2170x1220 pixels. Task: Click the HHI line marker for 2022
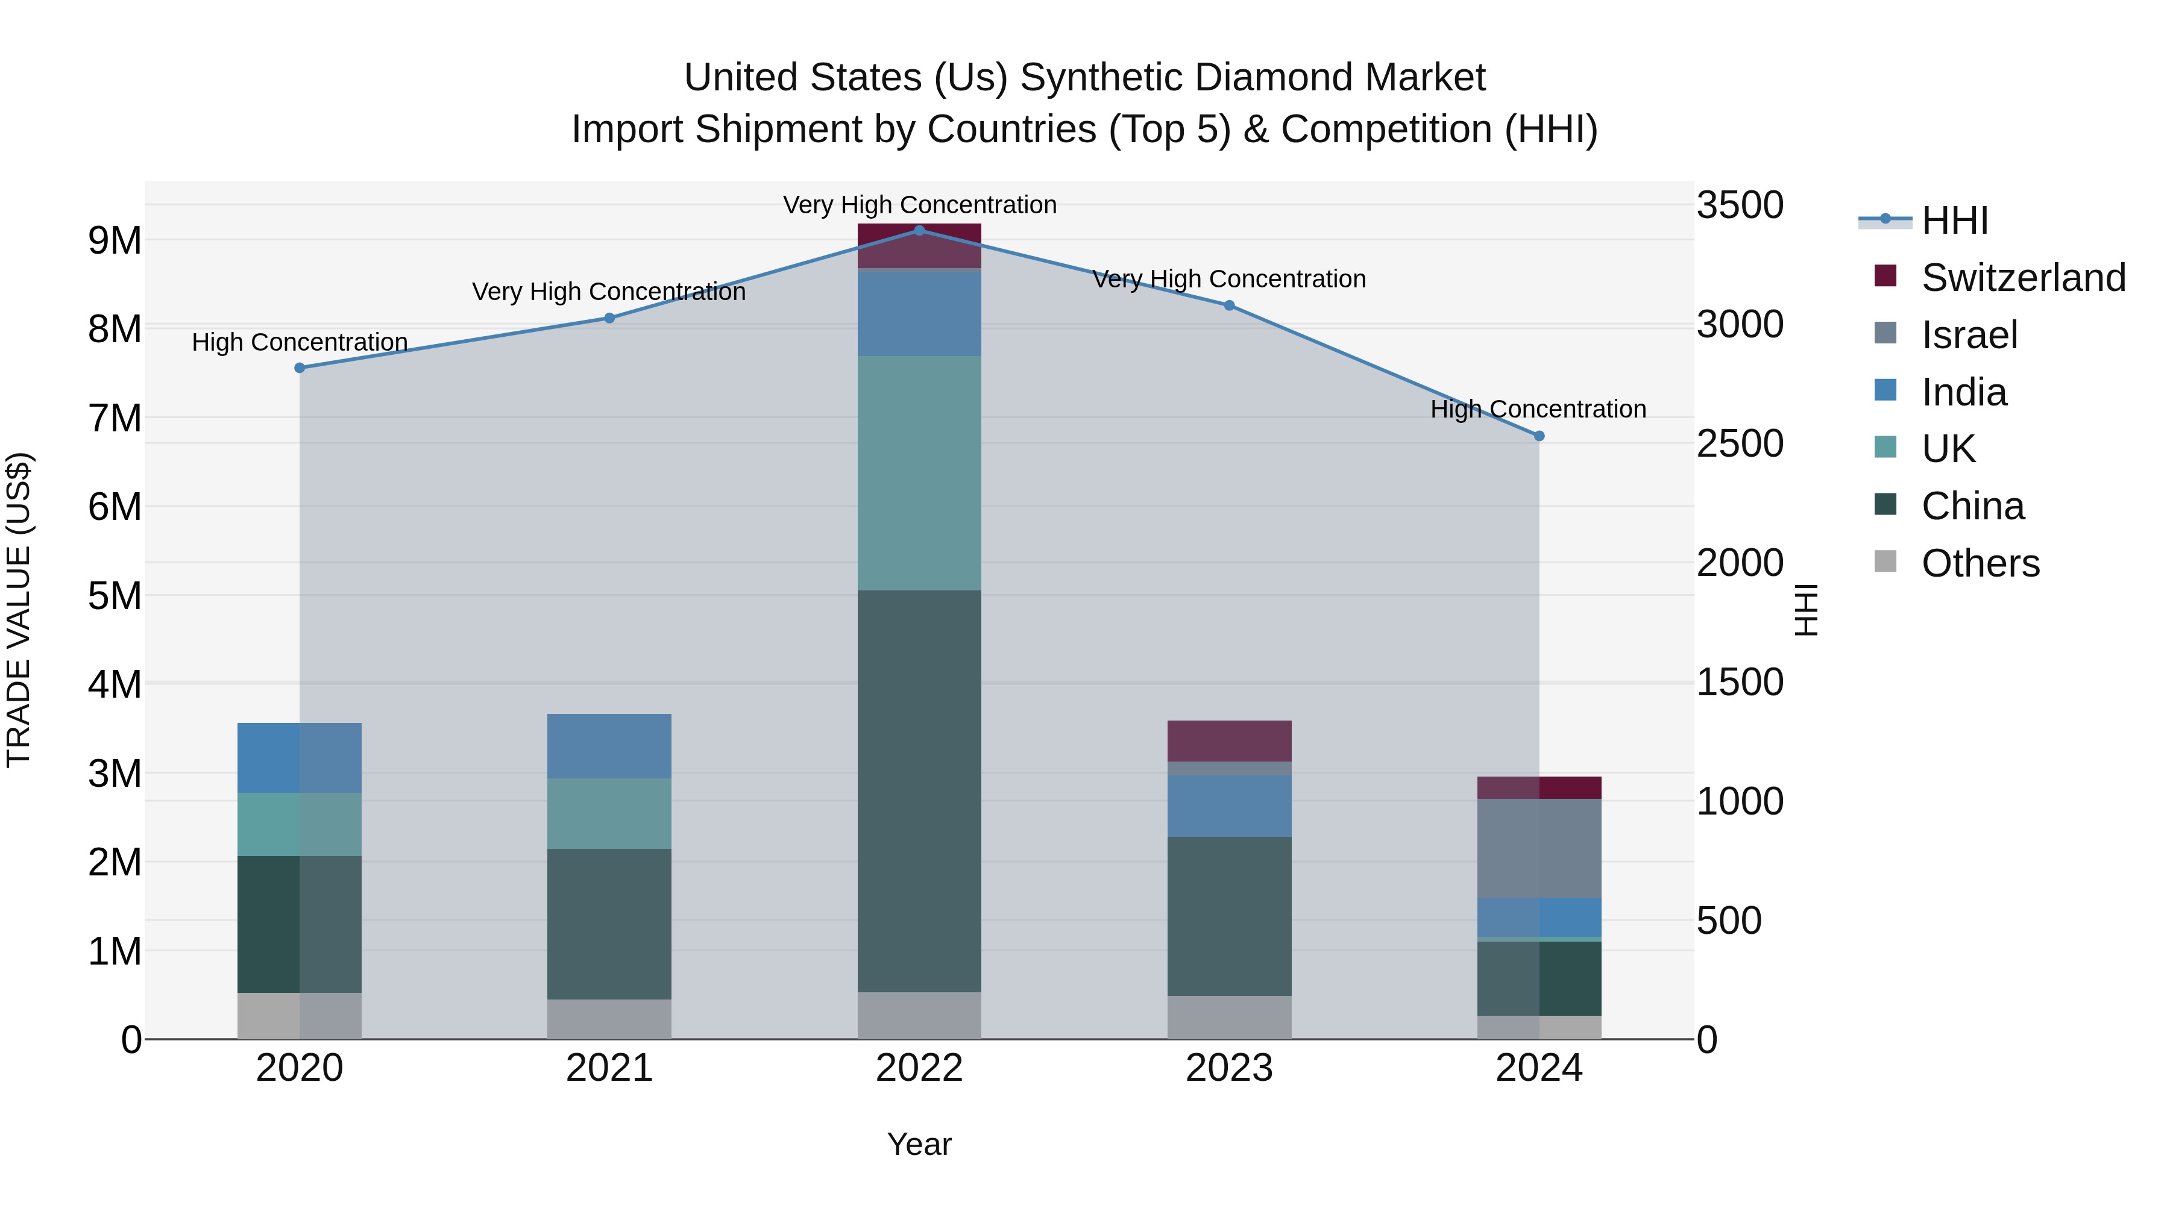(919, 230)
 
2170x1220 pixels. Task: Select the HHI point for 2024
(1539, 436)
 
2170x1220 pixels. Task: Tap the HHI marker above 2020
(300, 368)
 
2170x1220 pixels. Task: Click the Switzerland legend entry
(2022, 278)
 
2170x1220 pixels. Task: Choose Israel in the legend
(1969, 335)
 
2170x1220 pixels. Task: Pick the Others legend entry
(1980, 563)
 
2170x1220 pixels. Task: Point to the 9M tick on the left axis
(115, 241)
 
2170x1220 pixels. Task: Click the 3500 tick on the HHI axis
(1740, 205)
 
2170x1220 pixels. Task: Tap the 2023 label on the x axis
(1229, 1068)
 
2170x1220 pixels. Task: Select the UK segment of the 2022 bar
(919, 472)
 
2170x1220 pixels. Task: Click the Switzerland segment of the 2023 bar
(1229, 741)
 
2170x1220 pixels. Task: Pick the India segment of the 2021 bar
(609, 746)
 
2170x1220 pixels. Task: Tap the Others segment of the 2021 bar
(609, 1019)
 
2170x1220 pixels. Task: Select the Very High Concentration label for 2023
(1229, 280)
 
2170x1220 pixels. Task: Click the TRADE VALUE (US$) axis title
(19, 610)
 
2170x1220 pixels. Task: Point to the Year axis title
(919, 1144)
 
